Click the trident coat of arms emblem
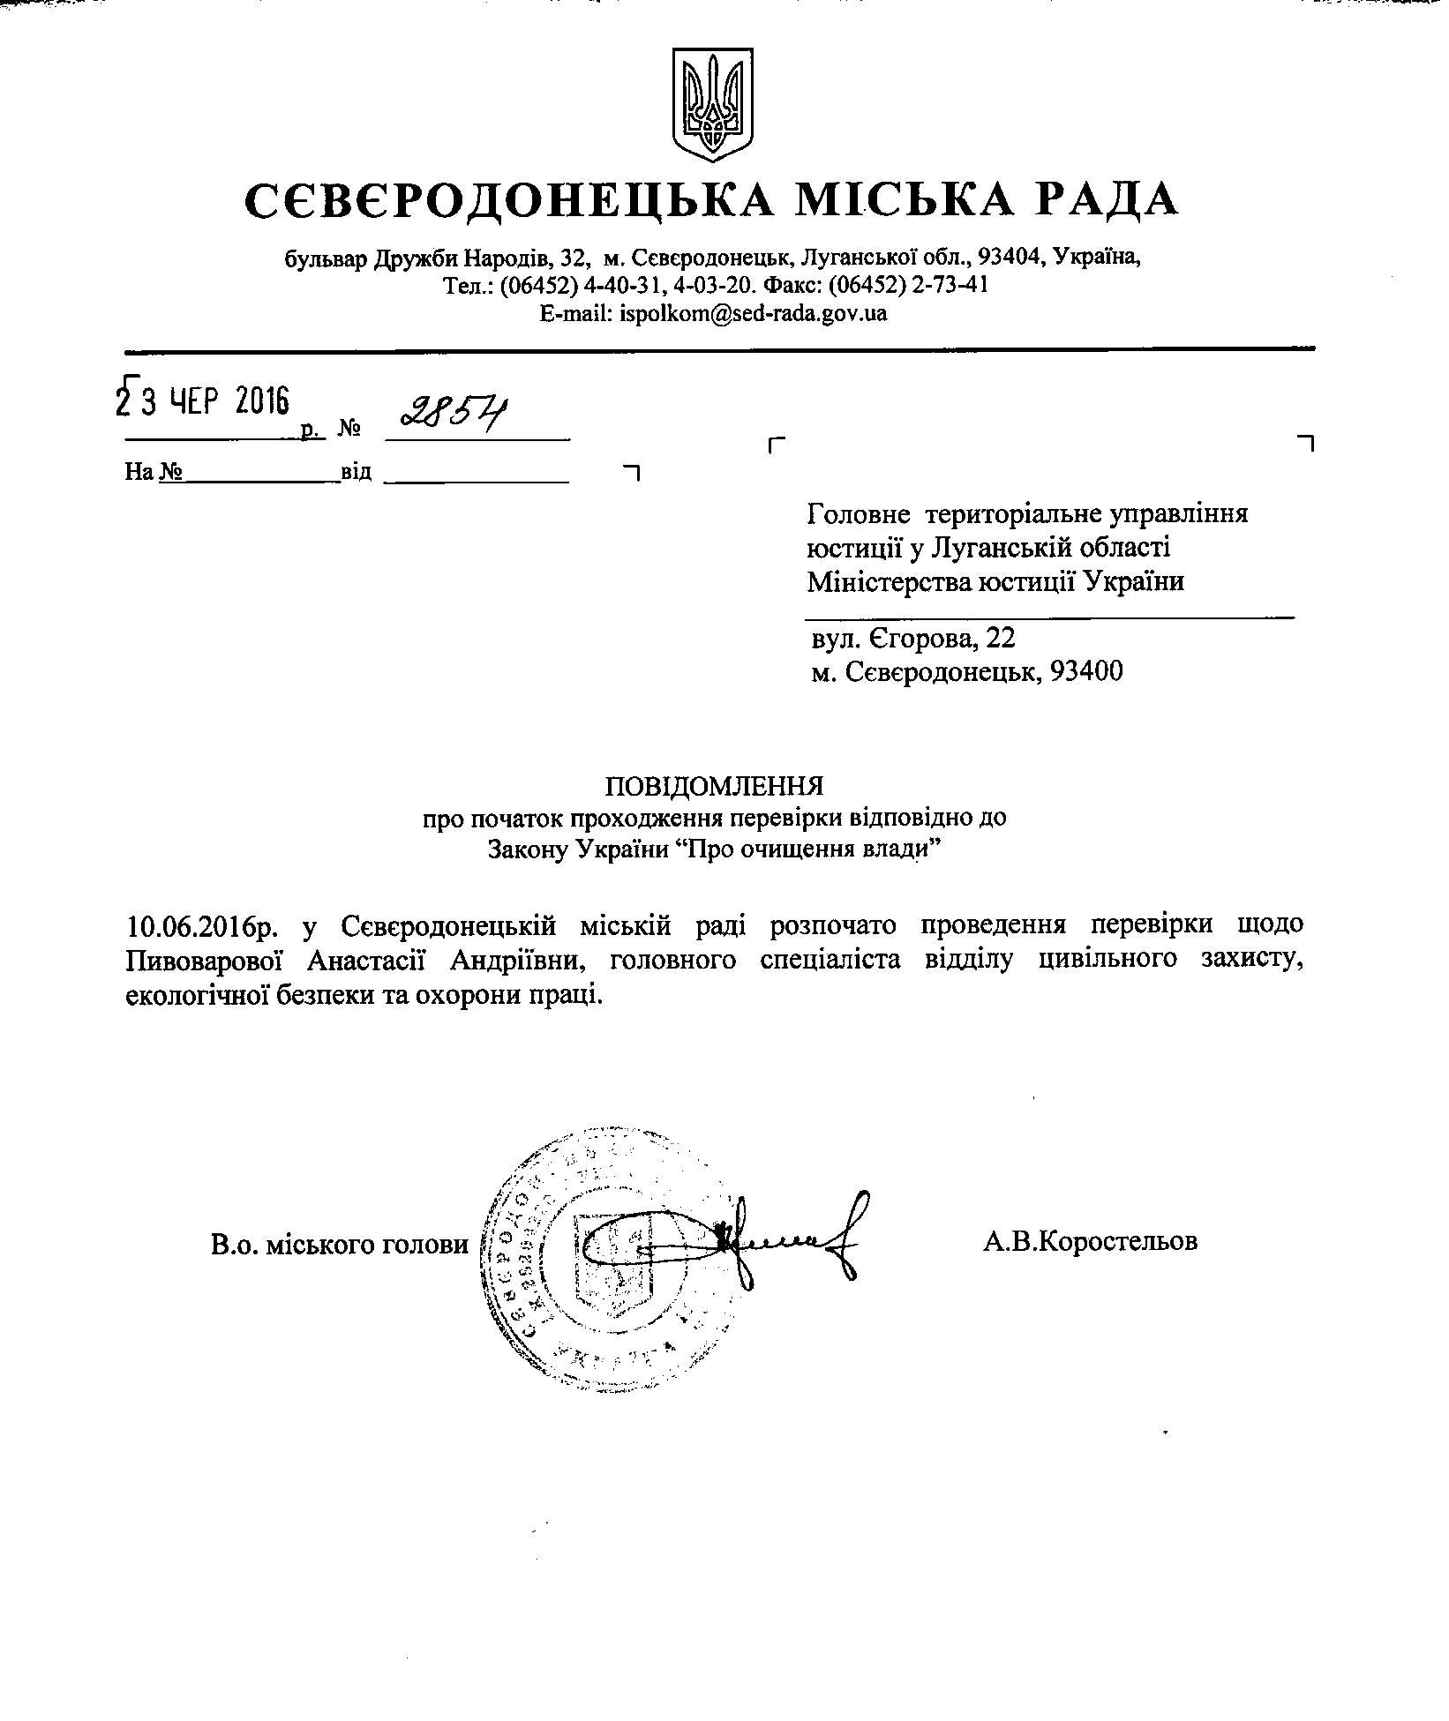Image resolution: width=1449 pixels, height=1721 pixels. click(x=713, y=104)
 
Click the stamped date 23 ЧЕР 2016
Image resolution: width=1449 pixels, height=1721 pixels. click(x=203, y=402)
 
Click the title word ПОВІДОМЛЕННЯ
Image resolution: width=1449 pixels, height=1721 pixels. click(x=713, y=785)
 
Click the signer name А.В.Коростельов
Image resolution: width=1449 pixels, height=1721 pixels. click(x=1090, y=1241)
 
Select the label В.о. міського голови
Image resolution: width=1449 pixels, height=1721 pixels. click(x=340, y=1244)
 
